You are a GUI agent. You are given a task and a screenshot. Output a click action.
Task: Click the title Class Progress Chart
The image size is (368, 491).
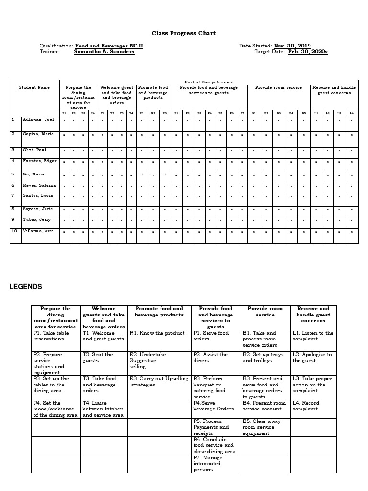tap(184, 33)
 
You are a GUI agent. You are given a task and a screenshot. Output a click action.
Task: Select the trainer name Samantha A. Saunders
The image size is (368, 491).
tap(104, 52)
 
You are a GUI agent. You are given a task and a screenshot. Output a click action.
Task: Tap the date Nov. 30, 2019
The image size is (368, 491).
tap(292, 46)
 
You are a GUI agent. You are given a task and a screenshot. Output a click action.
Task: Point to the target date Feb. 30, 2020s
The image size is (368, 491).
tap(308, 52)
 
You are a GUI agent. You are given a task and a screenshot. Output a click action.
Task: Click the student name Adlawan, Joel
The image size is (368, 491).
tap(39, 119)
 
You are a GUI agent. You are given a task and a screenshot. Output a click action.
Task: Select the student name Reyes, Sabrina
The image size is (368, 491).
tap(39, 185)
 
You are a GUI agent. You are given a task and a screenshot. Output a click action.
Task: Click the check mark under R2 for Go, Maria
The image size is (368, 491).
tap(153, 175)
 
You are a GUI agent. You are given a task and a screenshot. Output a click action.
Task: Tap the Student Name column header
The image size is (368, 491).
tap(34, 87)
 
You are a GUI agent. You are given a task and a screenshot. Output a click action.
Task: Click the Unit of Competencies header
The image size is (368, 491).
tap(208, 82)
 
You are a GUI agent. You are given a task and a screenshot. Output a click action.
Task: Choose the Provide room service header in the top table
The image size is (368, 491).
tap(278, 88)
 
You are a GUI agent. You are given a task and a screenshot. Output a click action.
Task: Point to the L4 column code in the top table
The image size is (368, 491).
tap(351, 113)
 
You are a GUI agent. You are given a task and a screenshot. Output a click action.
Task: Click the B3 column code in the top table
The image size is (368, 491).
tap(279, 113)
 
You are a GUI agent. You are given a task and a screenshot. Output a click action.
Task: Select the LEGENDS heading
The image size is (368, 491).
tap(25, 287)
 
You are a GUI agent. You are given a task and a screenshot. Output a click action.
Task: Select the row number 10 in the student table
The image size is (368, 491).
tap(14, 231)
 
